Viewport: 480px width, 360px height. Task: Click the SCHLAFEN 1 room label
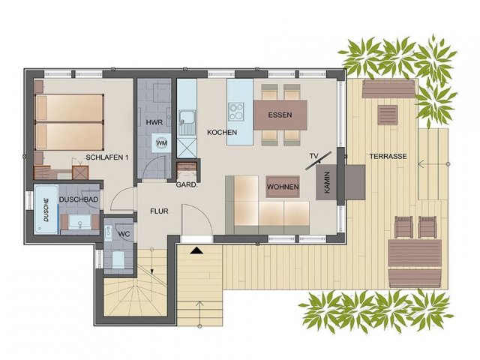106,157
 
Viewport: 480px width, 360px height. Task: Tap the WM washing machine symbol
162,142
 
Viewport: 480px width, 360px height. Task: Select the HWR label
154,122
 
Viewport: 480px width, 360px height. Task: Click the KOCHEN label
222,133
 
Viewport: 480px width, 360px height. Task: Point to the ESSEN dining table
280,115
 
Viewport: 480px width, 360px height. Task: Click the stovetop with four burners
236,112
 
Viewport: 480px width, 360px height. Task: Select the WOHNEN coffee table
283,187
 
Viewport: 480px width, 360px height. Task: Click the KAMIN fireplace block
327,182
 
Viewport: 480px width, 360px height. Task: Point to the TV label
313,156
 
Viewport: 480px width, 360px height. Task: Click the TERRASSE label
388,157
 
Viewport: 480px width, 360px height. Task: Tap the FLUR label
159,211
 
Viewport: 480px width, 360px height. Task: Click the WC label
124,234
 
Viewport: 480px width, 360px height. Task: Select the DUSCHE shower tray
46,209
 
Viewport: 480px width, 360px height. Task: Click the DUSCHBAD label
79,199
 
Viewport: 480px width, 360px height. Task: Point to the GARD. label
186,185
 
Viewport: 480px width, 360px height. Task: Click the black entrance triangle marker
196,250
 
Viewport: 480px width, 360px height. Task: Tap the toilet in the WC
118,259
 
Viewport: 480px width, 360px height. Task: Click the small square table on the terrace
388,115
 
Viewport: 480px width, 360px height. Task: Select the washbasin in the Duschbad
79,222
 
